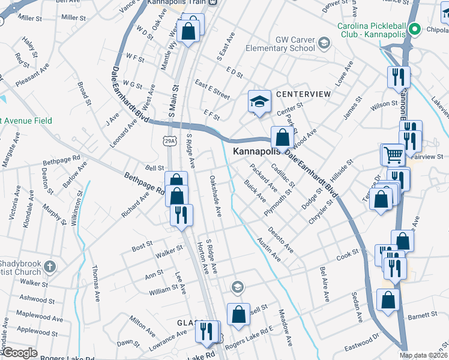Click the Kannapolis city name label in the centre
[257, 152]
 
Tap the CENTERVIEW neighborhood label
[303, 94]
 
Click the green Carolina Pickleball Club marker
[414, 28]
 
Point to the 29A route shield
[169, 140]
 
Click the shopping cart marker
[393, 155]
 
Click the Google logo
[19, 353]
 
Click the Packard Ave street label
[264, 178]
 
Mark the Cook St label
[347, 256]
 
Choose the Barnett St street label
[422, 315]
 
